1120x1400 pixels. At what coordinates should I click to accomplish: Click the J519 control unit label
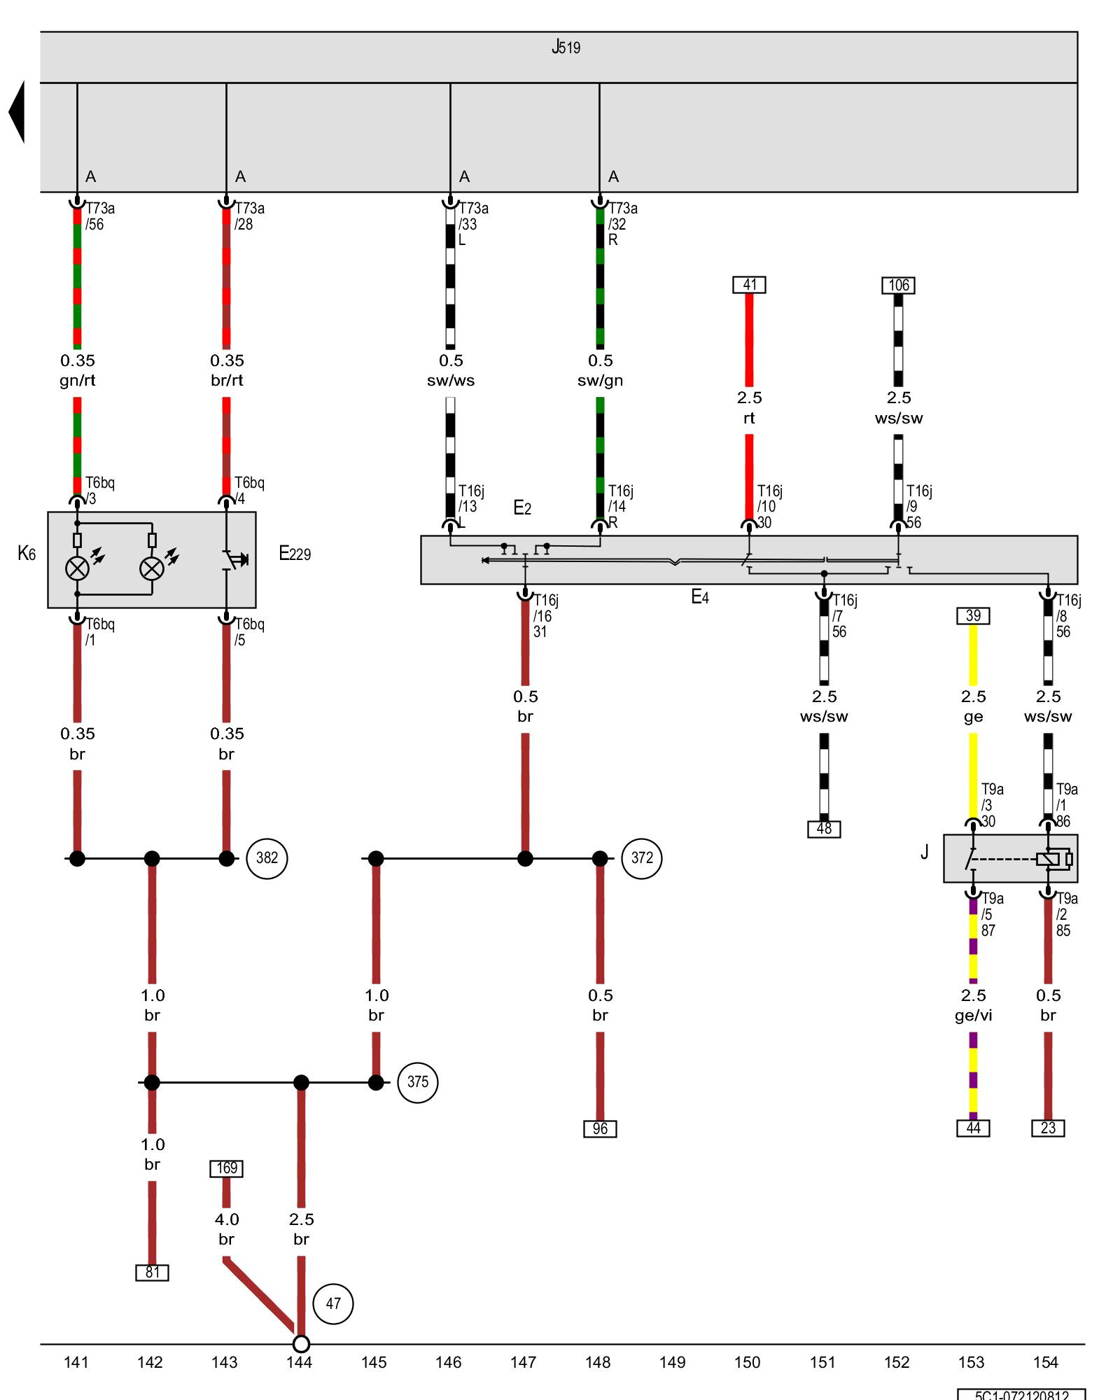(566, 48)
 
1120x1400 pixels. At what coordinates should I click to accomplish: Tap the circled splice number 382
(267, 858)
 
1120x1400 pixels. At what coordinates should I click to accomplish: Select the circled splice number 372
(641, 858)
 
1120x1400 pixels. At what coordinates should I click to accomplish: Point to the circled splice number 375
(417, 1082)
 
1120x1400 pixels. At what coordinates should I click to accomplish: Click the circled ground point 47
(332, 1304)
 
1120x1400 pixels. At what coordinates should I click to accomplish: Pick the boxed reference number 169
(226, 1168)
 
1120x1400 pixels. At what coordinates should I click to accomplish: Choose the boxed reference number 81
(152, 1273)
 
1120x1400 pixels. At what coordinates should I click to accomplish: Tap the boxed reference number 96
(600, 1129)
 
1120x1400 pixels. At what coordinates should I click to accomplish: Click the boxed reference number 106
(898, 286)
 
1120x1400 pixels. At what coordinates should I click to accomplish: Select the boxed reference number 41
(749, 285)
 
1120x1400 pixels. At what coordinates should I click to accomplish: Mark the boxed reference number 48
(824, 829)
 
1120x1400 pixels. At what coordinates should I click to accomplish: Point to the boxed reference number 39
(973, 616)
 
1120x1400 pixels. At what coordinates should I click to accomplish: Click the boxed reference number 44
(973, 1128)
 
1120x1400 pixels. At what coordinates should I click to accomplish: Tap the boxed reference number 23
(1048, 1128)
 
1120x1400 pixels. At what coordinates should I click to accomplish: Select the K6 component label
(27, 554)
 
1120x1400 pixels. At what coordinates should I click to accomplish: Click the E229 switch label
(295, 554)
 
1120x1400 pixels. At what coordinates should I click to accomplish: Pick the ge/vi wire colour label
(973, 1016)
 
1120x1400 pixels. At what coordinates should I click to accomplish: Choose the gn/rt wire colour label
(77, 381)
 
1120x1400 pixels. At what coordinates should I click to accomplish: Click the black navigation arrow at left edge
(17, 112)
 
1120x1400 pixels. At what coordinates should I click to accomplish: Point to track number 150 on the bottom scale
(747, 1362)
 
